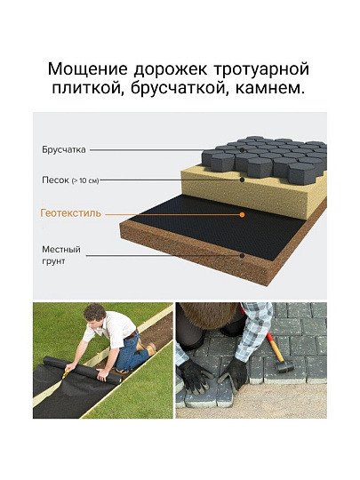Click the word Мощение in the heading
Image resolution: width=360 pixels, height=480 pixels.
point(87,69)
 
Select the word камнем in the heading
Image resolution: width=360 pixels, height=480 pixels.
point(270,87)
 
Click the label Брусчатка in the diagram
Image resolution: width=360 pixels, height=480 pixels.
point(64,150)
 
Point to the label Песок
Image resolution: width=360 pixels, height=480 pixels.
point(55,180)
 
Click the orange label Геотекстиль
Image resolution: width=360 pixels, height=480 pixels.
point(71,213)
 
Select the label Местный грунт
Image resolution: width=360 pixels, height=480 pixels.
point(61,255)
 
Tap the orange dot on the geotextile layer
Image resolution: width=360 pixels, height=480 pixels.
point(242,215)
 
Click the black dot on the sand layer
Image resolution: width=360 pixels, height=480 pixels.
point(242,180)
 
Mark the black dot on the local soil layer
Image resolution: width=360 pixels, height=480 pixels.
point(242,255)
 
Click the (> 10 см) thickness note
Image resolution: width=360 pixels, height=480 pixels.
point(85,181)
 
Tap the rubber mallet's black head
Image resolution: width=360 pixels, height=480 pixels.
point(284,367)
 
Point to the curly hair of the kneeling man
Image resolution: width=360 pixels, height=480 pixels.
point(94,312)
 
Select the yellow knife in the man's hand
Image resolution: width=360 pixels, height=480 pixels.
point(65,373)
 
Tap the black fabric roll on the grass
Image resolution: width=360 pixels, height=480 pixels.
point(82,370)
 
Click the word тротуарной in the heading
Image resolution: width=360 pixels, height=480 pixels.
point(261,70)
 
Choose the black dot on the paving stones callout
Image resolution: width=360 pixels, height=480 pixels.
point(242,150)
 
